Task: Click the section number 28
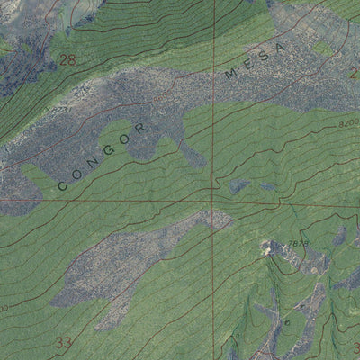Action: coord(67,60)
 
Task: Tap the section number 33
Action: coord(62,342)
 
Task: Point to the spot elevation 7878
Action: coord(299,244)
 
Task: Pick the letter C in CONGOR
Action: coord(63,184)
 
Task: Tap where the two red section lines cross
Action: coord(213,201)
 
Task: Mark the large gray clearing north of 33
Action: coord(135,261)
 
